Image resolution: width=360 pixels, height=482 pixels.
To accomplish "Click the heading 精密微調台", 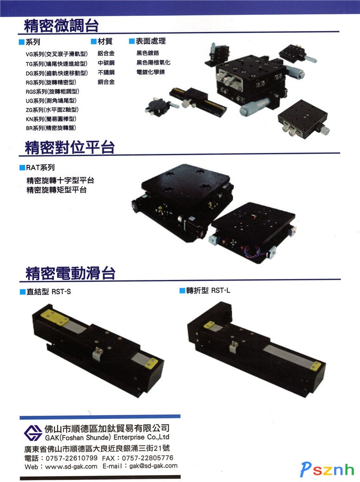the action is tap(61, 25).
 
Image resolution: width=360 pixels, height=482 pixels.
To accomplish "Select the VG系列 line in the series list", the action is tap(57, 54).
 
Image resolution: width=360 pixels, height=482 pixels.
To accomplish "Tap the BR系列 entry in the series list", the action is tap(51, 128).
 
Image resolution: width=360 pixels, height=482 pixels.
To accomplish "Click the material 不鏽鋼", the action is tap(106, 72).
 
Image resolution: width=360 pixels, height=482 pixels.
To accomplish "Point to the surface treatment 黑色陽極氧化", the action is tap(153, 63).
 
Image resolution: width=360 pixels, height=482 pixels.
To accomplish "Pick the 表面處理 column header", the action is tap(151, 41).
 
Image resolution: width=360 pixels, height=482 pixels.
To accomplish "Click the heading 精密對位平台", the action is tap(69, 147).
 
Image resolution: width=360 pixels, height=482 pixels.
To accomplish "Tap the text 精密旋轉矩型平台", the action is tap(57, 190).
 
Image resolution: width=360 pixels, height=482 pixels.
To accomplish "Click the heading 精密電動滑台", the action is tap(70, 273).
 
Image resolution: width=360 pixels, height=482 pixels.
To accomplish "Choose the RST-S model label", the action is tap(61, 292).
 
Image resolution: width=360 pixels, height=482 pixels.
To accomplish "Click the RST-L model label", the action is tap(221, 291).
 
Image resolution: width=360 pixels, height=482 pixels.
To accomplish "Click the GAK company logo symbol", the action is tap(33, 433).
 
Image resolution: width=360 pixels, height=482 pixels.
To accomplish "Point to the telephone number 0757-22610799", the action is tap(72, 458).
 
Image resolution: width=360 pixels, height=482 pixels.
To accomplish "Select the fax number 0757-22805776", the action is tap(147, 458).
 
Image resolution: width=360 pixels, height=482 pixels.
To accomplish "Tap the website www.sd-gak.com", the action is tap(71, 466).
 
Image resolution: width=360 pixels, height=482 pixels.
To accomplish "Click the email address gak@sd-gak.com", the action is tap(153, 466).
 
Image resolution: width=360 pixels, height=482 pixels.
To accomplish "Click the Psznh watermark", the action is tap(327, 469).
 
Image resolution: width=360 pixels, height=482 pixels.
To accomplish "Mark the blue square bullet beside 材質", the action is tap(94, 41).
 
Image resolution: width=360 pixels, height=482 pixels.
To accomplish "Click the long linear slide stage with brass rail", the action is tap(198, 101).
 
